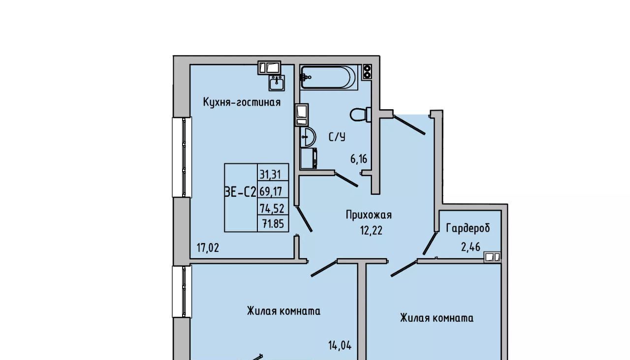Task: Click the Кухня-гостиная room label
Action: pos(242,102)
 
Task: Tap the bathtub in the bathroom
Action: pos(328,77)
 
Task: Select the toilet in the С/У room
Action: pos(361,115)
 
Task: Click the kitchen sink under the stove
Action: pos(277,83)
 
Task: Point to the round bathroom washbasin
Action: pos(308,137)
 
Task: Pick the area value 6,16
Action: pos(359,159)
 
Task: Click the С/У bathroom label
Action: pos(337,137)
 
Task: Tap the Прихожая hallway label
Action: pos(369,215)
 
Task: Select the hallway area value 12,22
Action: pos(371,231)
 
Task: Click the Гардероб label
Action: pos(468,228)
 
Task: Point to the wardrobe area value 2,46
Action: pos(471,247)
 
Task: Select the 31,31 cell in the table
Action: pos(270,175)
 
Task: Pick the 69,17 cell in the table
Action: pos(271,192)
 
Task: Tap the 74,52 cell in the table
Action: pos(272,209)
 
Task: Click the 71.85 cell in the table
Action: pos(273,224)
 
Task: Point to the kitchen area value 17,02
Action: pos(208,248)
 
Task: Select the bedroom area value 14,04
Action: pos(340,345)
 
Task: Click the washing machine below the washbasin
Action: pos(309,158)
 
